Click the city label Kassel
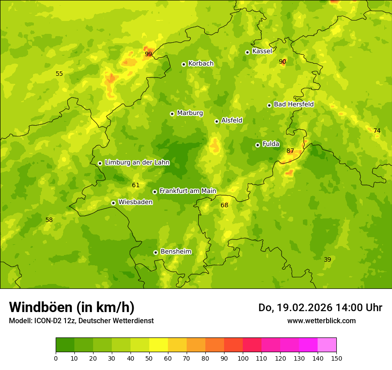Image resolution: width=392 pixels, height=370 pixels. pos(262,51)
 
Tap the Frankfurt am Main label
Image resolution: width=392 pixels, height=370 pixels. pos(188,191)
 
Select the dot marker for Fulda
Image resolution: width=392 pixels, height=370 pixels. pos(257,145)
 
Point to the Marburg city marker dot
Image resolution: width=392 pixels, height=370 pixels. pos(172,114)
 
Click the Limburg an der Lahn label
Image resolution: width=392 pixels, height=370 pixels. pos(137,163)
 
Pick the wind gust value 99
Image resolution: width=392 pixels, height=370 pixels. pos(148,54)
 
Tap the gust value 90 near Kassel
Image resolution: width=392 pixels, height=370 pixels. pos(282,62)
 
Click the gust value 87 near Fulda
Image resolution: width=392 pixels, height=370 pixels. pos(290,151)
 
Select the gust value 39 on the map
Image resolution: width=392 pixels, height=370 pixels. pos(327,259)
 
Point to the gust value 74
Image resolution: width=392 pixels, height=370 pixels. pos(377,131)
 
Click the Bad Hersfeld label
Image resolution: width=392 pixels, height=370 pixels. pos(294,104)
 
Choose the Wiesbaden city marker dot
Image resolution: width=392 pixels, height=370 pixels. pos(113,203)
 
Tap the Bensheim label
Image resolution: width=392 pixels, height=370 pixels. pos(176,252)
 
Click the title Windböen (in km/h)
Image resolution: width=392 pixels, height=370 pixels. pos(72,307)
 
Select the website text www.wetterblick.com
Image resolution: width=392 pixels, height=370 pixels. pos(321,321)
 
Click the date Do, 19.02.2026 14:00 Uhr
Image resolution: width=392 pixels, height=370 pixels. pos(320,308)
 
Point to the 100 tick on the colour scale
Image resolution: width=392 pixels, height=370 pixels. pos(243,358)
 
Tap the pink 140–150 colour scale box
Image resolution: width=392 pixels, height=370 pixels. pos(327,345)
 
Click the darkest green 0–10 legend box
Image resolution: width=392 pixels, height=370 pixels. pos(65,345)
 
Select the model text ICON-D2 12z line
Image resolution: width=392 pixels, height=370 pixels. pos(81,321)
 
